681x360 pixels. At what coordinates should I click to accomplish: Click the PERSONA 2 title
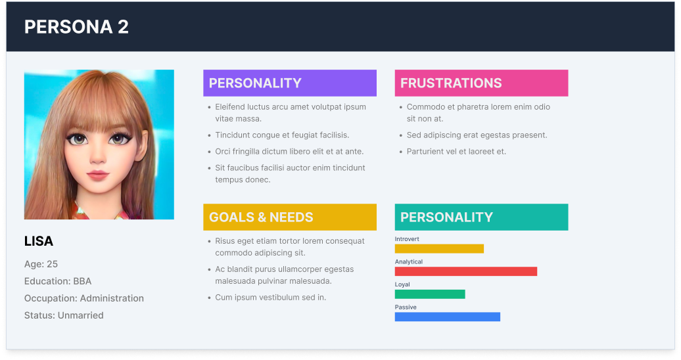76,27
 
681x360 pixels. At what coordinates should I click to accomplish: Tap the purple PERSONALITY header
290,83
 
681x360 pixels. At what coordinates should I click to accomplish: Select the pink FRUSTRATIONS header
481,83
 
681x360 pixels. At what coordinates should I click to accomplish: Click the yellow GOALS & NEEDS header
290,217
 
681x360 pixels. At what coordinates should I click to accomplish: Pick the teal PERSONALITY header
481,217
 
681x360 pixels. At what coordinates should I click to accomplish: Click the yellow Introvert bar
439,249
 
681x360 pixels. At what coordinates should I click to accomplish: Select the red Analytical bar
466,271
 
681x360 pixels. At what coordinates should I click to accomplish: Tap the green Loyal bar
430,294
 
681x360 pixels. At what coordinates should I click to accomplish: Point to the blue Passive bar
448,317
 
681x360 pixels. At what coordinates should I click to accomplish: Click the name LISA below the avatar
39,241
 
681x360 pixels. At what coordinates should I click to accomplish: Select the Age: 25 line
41,264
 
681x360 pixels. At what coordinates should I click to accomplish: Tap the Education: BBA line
58,281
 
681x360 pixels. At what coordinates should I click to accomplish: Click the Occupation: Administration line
84,298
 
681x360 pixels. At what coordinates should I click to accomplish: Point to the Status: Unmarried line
64,315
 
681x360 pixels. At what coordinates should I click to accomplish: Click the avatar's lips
98,175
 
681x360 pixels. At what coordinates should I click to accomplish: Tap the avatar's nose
97,157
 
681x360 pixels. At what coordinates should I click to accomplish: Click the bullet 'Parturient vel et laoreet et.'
456,152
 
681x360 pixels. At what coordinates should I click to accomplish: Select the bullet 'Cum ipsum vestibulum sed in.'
271,298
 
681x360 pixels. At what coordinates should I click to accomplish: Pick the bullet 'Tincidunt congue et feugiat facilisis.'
282,135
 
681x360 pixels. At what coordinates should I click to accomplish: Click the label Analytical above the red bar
409,262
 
